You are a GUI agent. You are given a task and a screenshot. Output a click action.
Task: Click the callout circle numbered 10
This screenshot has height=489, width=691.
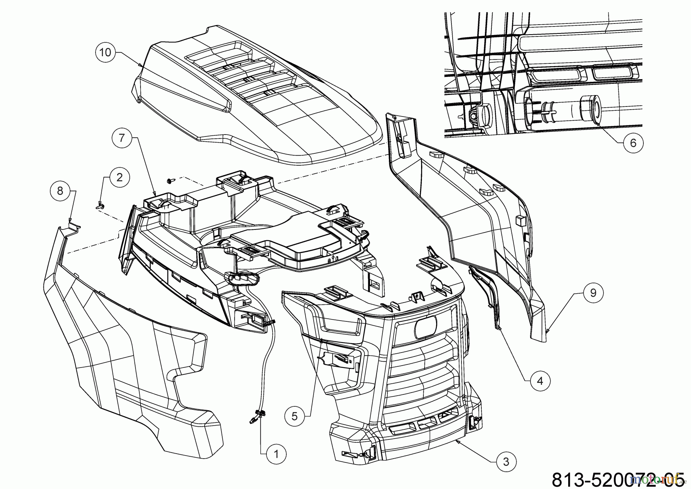105,52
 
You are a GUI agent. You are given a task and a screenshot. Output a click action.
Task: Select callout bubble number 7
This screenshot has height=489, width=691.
122,138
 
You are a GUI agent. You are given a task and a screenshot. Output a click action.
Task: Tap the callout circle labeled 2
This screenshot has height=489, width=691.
119,177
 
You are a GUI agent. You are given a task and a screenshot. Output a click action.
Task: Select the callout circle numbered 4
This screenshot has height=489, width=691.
540,381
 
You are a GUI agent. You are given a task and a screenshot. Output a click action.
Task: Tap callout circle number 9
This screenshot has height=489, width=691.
593,293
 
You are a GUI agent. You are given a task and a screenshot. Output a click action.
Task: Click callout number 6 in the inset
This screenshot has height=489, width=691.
633,143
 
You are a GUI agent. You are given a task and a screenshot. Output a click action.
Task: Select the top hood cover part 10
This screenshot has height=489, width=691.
261,100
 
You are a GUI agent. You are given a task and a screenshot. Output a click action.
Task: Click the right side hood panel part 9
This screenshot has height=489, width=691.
480,215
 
